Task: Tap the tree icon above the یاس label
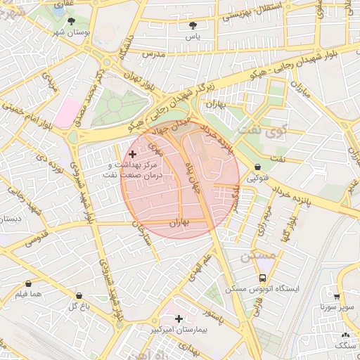click(x=193, y=25)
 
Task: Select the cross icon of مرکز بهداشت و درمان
click(x=132, y=153)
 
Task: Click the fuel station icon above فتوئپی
click(x=258, y=167)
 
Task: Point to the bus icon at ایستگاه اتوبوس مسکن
click(x=262, y=278)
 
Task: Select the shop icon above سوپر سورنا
click(x=337, y=296)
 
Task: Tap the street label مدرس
click(x=153, y=53)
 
